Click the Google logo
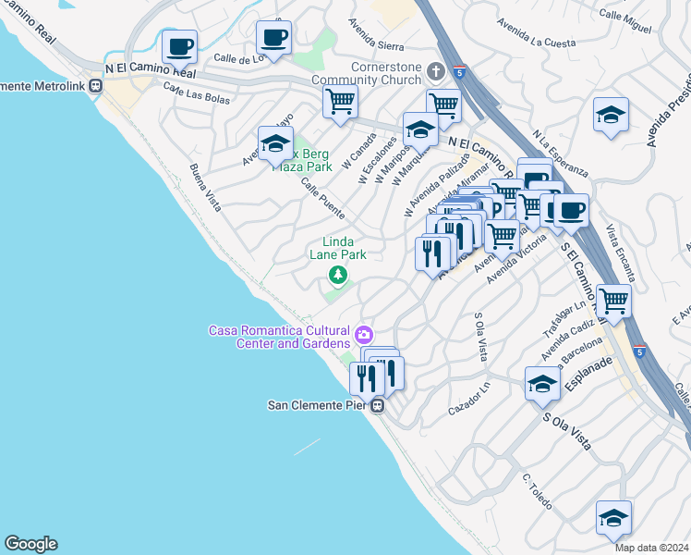point(30,544)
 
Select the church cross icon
point(435,70)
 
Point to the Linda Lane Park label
point(338,248)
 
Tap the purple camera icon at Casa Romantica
point(364,333)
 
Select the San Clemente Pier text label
point(318,405)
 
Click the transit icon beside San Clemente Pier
point(378,405)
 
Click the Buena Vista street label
point(205,188)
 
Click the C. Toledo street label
point(537,492)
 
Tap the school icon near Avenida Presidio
point(611,117)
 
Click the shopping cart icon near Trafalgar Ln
point(613,301)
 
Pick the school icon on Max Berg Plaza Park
point(275,143)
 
